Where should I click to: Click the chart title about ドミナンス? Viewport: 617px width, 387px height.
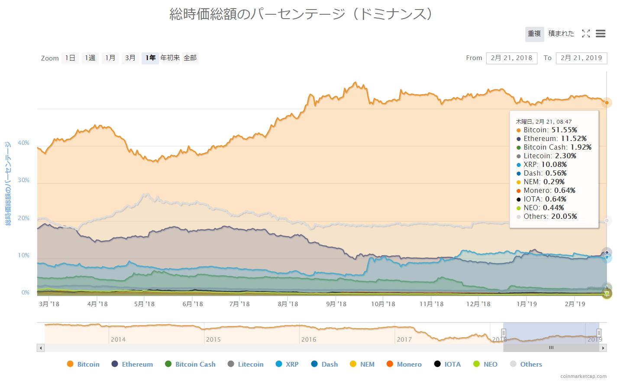click(x=300, y=14)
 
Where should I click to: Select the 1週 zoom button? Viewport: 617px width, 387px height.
click(x=90, y=58)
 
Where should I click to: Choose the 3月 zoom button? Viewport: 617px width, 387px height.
click(x=130, y=58)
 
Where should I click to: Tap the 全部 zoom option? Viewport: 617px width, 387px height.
click(x=190, y=58)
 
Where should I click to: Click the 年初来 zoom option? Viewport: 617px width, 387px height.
click(x=170, y=58)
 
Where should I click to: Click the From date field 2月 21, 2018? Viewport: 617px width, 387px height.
click(x=511, y=58)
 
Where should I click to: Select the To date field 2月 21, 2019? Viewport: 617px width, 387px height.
click(x=581, y=58)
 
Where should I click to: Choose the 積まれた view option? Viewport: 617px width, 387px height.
click(x=561, y=34)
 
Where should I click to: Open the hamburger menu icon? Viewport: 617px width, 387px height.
click(x=600, y=34)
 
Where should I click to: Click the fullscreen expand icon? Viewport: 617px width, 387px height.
click(x=586, y=34)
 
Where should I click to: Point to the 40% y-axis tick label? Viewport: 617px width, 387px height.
click(x=23, y=143)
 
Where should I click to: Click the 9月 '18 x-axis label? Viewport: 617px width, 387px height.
click(x=336, y=304)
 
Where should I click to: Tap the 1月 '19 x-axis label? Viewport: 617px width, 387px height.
click(x=527, y=304)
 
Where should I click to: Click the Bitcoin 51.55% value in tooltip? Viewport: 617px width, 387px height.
click(x=564, y=130)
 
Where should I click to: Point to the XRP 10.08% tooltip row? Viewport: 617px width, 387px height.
click(x=545, y=164)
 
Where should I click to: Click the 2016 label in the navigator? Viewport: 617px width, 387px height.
click(x=309, y=339)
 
